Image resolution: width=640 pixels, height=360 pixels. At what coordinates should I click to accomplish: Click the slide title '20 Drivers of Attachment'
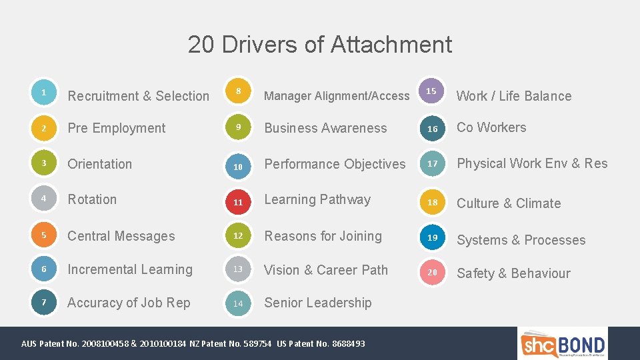pos(319,45)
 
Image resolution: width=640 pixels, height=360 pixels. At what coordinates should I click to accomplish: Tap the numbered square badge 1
pos(43,93)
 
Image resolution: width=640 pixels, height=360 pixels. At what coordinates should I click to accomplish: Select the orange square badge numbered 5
pos(43,235)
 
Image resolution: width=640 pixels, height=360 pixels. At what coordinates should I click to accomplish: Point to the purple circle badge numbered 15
pos(431,91)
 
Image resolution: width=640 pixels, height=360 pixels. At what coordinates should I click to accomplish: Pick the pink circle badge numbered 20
pos(433,272)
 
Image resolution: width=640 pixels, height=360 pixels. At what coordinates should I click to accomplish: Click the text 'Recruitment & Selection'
pos(138,96)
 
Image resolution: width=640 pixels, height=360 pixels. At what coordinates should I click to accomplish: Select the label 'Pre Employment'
pos(116,128)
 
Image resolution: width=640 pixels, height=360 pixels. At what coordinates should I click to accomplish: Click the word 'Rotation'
pos(92,199)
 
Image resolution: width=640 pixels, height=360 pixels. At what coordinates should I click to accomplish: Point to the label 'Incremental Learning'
pos(129,269)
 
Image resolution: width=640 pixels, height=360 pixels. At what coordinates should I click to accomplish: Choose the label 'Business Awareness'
pos(325,128)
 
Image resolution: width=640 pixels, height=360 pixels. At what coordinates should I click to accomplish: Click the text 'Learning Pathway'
pos(317,199)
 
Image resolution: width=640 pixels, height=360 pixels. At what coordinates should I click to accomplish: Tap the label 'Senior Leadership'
pos(317,303)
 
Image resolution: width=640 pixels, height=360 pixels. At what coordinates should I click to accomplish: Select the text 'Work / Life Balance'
pos(513,96)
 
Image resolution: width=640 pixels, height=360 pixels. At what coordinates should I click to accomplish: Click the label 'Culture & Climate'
pos(508,203)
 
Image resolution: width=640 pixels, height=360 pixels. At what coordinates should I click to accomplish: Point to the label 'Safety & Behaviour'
pos(513,273)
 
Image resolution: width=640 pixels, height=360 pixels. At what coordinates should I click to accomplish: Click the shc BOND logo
pos(563,344)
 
